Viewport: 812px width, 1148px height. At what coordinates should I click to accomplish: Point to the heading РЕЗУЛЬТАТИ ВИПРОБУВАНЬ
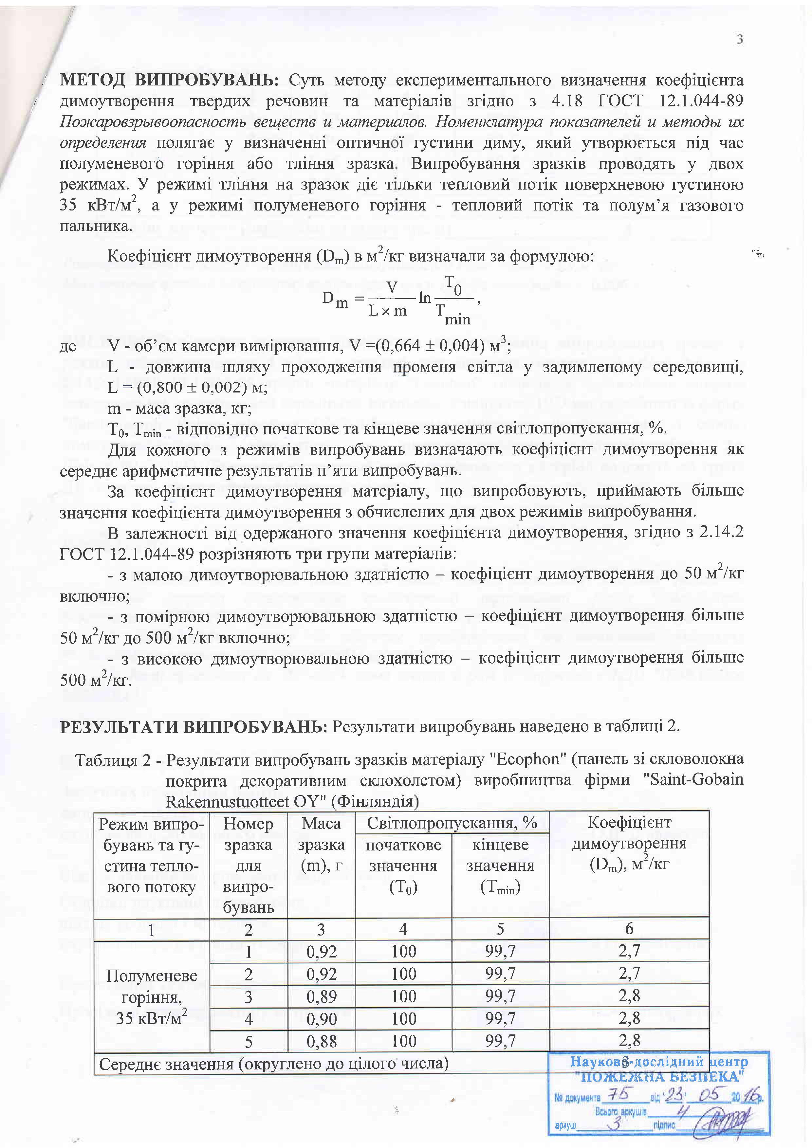point(193,726)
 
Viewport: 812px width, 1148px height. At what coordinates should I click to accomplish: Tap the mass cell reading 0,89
point(321,996)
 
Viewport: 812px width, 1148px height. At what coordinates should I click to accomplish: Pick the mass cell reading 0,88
point(321,1042)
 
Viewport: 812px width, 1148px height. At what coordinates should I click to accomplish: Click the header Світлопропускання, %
point(452,823)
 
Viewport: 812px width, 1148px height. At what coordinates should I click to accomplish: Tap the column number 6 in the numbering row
point(629,929)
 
